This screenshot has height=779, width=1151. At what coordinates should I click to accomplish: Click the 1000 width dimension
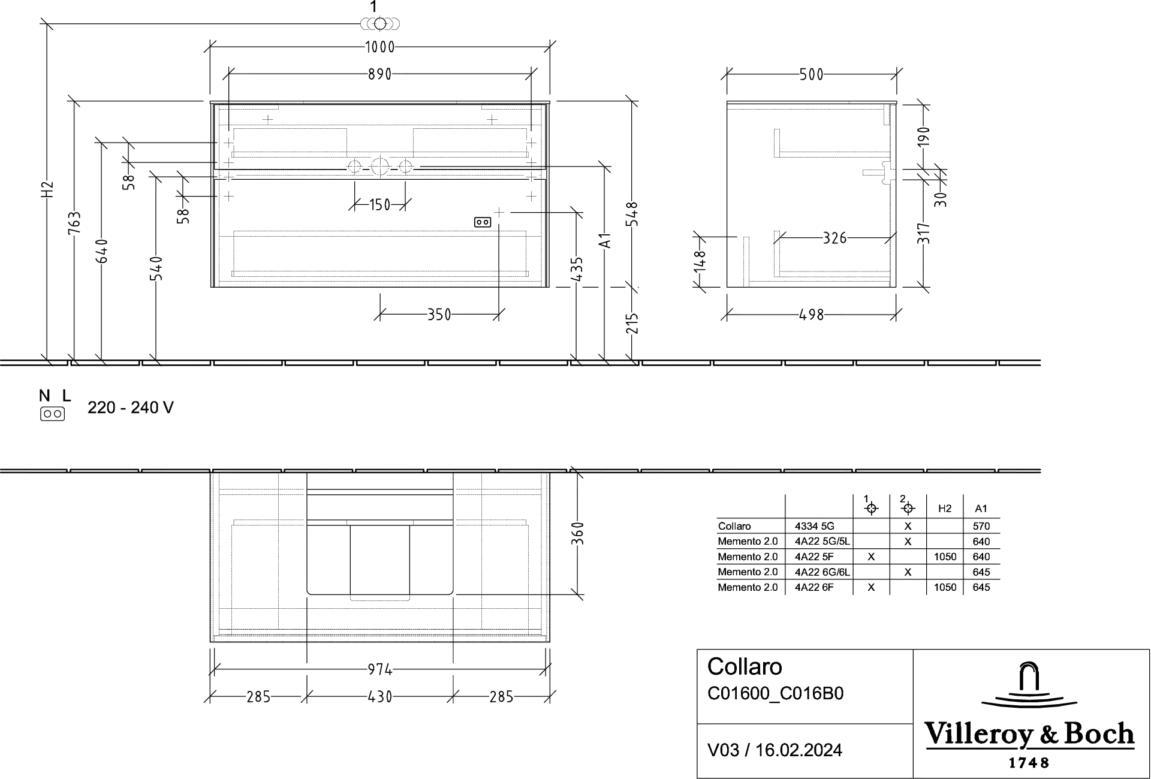coord(379,47)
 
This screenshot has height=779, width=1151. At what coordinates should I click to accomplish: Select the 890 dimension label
coord(379,74)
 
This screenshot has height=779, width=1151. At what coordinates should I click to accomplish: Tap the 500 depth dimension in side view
coord(812,75)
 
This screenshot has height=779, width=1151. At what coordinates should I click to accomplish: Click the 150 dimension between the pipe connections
coord(379,206)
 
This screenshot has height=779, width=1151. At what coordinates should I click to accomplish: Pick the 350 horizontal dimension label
coord(439,315)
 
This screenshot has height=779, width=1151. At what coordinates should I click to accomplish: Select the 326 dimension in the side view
coord(834,238)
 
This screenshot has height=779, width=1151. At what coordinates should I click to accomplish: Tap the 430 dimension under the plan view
coord(380,697)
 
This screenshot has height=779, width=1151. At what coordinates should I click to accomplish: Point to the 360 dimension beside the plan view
coord(577,533)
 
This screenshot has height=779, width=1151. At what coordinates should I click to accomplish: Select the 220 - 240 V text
coord(131,408)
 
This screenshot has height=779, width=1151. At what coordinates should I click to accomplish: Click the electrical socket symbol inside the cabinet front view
coord(483,222)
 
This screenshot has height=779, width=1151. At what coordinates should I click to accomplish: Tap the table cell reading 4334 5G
coord(814,527)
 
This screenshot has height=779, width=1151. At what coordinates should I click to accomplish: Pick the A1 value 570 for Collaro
coord(981,527)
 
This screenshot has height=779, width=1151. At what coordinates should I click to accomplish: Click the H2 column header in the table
coord(945,509)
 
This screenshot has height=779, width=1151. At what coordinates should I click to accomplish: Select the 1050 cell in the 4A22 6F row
coord(945,588)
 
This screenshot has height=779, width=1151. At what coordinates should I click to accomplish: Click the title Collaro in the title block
coord(745,667)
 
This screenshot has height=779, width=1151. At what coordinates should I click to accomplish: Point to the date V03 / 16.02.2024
coord(775,750)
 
